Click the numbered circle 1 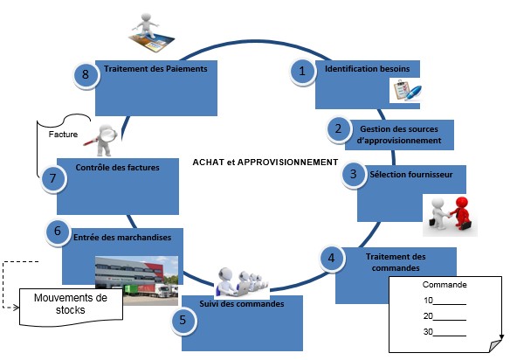302,73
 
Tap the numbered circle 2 337,129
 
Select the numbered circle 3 353,175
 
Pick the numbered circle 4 330,258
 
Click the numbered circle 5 182,319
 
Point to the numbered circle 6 57,232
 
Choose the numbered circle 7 53,178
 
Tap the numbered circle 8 86,74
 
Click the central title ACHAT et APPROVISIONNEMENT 264,162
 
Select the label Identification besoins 361,69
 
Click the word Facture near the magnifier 63,135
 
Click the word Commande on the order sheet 443,285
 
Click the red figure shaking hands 459,212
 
